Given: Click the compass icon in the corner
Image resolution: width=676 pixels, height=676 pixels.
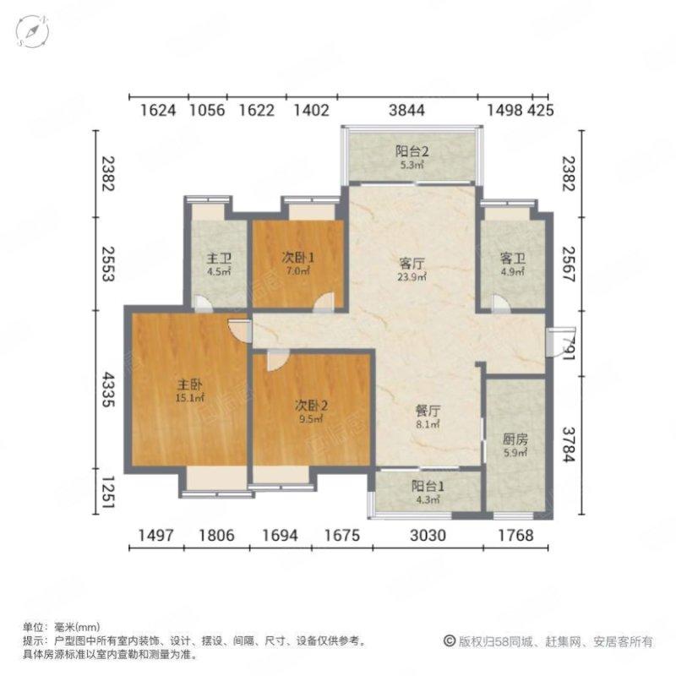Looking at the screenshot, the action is click(x=32, y=31).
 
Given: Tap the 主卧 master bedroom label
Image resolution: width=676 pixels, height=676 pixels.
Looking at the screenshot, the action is click(x=189, y=384).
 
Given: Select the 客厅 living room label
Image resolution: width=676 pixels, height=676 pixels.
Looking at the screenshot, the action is click(x=412, y=264).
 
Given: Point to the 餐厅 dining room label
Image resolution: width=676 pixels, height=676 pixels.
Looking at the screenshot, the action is click(x=428, y=411).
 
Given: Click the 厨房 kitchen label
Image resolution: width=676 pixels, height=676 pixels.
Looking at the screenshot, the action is click(x=515, y=439).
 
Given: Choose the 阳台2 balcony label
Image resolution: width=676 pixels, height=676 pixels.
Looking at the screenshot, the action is click(x=412, y=151).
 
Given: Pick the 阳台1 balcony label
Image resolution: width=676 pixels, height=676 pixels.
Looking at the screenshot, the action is click(x=428, y=487).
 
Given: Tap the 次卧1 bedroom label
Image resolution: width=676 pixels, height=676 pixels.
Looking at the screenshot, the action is click(x=298, y=258).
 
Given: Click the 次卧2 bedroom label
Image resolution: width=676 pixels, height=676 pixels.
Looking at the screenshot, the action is click(x=311, y=406).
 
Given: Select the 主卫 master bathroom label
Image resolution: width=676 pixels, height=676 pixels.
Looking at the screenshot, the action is click(x=219, y=259).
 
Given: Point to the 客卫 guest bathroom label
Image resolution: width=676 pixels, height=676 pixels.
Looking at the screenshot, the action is click(x=513, y=259).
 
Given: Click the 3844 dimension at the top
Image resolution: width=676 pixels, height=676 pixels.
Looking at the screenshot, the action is click(x=406, y=111).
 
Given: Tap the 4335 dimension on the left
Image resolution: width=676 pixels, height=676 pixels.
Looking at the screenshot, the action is click(x=107, y=390).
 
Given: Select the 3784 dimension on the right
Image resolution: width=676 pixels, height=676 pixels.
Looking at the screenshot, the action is click(x=569, y=444).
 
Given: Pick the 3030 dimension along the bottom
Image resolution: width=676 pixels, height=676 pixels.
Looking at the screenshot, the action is click(x=428, y=536).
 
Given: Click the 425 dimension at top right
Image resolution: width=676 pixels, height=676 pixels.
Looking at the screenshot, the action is click(x=541, y=111).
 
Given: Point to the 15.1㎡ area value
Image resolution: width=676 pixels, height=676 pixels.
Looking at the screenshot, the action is click(x=189, y=397).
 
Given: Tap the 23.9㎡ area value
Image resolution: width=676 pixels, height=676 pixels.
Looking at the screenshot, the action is click(x=412, y=277).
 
